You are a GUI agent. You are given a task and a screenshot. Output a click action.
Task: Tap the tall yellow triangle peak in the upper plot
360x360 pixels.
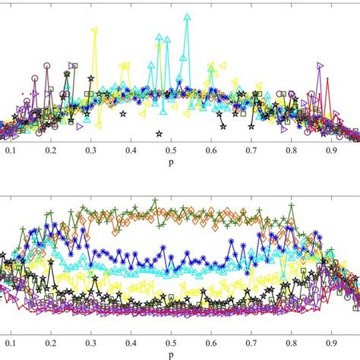click(x=94, y=30)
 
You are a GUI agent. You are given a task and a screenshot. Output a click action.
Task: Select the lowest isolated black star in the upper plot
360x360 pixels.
click(x=159, y=134)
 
